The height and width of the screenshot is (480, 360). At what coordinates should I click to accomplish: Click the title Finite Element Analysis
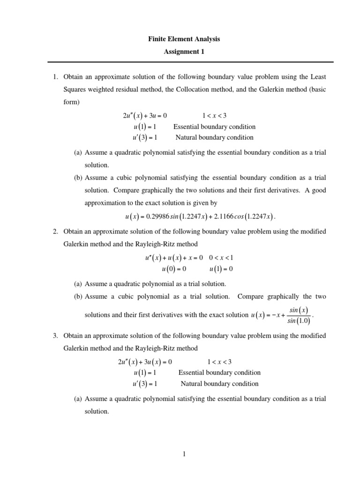point(184,39)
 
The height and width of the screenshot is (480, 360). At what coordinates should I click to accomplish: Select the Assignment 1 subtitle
point(184,52)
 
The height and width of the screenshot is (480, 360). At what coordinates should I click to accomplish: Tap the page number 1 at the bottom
point(185,454)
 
